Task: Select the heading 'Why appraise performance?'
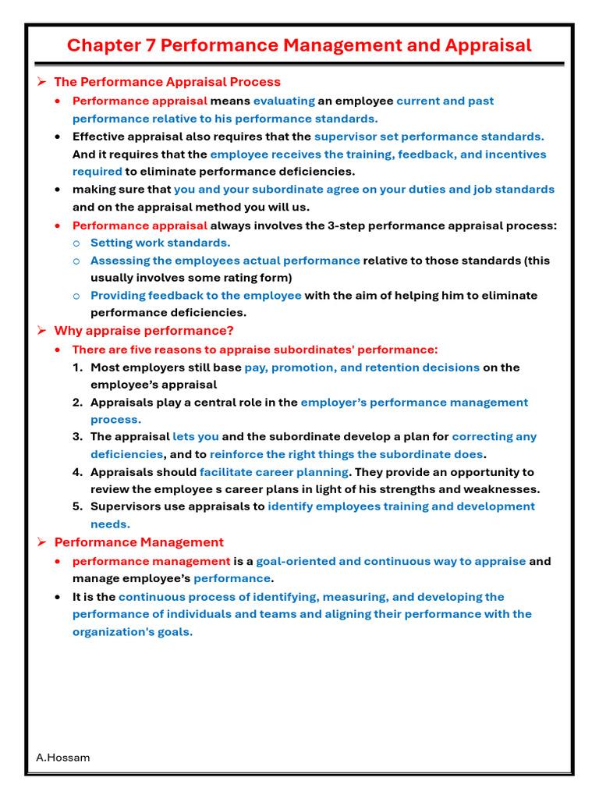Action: coord(144,331)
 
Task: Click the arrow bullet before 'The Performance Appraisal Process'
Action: coord(43,82)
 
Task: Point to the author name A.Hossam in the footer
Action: coord(63,758)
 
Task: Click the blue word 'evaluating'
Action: coord(284,101)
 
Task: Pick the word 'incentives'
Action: coord(516,154)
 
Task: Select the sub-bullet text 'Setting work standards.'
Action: coord(160,243)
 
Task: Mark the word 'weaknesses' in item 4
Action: coord(502,489)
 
